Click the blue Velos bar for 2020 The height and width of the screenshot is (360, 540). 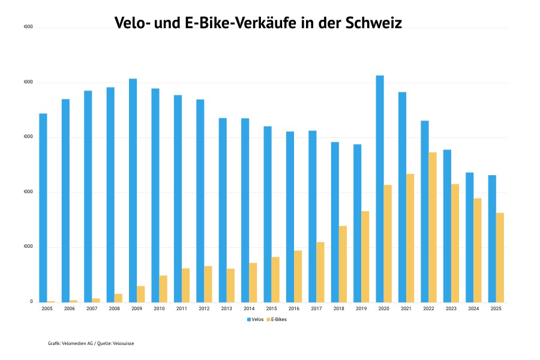pos(380,188)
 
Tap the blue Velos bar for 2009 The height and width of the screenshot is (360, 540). pos(133,190)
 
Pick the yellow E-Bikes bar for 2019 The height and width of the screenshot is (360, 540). pos(365,256)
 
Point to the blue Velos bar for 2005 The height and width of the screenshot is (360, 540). pos(43,208)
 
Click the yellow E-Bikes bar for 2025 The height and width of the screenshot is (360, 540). pos(500,257)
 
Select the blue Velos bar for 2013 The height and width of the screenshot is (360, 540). pos(223,210)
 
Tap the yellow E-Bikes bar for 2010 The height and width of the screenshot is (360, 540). pos(163,289)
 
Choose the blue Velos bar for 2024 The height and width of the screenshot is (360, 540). pos(470,237)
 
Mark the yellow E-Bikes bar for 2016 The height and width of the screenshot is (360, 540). pos(298,276)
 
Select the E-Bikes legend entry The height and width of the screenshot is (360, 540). pos(277,319)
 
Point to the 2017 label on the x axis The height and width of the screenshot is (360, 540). pos(316,308)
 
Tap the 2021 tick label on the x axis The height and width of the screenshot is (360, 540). pos(406,308)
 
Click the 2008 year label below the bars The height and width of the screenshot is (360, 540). pos(114,308)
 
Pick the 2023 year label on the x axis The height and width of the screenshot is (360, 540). pos(451,308)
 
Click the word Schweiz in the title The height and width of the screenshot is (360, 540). pos(374,23)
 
